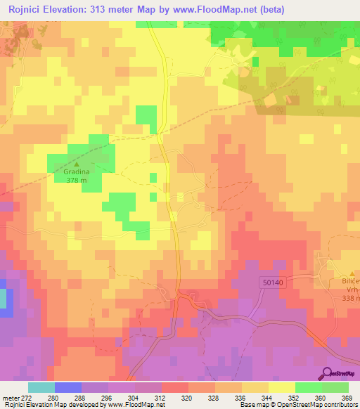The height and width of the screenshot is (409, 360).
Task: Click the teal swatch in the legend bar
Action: click(41, 387)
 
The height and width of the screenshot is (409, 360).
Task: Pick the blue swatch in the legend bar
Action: click(68, 387)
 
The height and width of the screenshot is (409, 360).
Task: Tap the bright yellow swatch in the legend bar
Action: click(281, 387)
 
